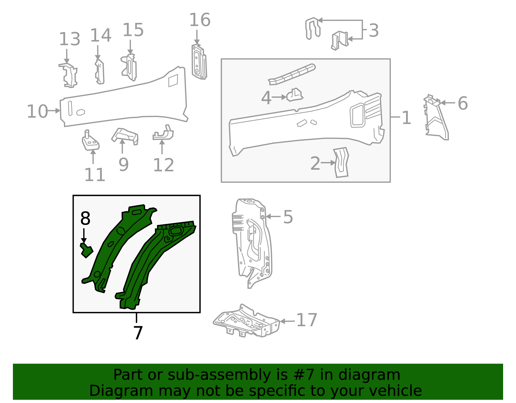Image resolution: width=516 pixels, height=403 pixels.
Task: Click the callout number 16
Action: coord(200,20)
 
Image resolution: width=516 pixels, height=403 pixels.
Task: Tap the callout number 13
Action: coord(69,39)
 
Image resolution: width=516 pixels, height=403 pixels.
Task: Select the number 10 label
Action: coord(37,111)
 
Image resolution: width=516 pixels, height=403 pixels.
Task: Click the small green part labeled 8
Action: coord(86,250)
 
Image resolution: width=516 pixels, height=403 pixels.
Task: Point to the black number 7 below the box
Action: coord(138,333)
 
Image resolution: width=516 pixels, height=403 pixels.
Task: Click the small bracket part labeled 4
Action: coord(294,95)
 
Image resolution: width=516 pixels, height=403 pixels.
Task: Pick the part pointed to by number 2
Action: coord(342,162)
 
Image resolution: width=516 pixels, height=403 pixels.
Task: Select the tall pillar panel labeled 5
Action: coord(252,242)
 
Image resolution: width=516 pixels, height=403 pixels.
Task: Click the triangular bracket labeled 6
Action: coord(436,119)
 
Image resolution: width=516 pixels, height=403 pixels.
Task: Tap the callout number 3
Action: coord(373,30)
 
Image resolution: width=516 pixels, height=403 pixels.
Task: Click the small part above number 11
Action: coord(90,141)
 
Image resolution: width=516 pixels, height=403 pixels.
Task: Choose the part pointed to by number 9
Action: coord(125,136)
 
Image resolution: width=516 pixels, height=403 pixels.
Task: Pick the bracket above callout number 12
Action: coord(164,133)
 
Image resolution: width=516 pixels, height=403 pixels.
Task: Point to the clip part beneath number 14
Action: coord(100,72)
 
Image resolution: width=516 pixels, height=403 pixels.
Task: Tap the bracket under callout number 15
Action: coord(129,67)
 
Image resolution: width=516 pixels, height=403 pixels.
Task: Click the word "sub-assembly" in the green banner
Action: coord(220,375)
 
